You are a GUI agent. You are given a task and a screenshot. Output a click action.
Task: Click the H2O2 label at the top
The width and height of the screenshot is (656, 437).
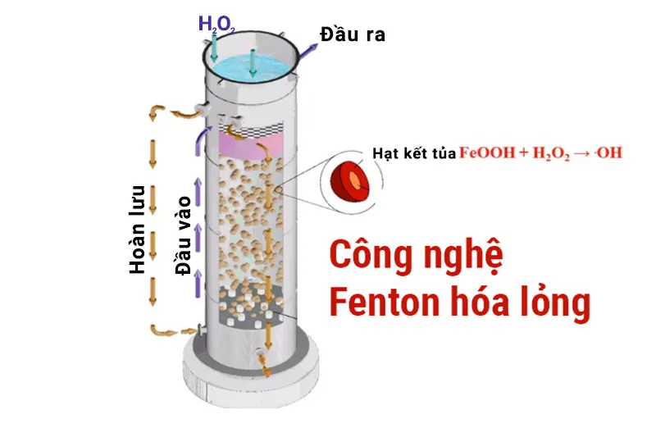[x=216, y=24]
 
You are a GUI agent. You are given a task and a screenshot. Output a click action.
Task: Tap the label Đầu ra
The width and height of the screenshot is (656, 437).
[x=353, y=35]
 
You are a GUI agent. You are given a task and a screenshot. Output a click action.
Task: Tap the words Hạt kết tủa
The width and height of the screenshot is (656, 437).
[x=413, y=153]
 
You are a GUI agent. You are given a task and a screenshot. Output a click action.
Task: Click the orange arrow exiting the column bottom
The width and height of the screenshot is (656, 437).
[x=264, y=365]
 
